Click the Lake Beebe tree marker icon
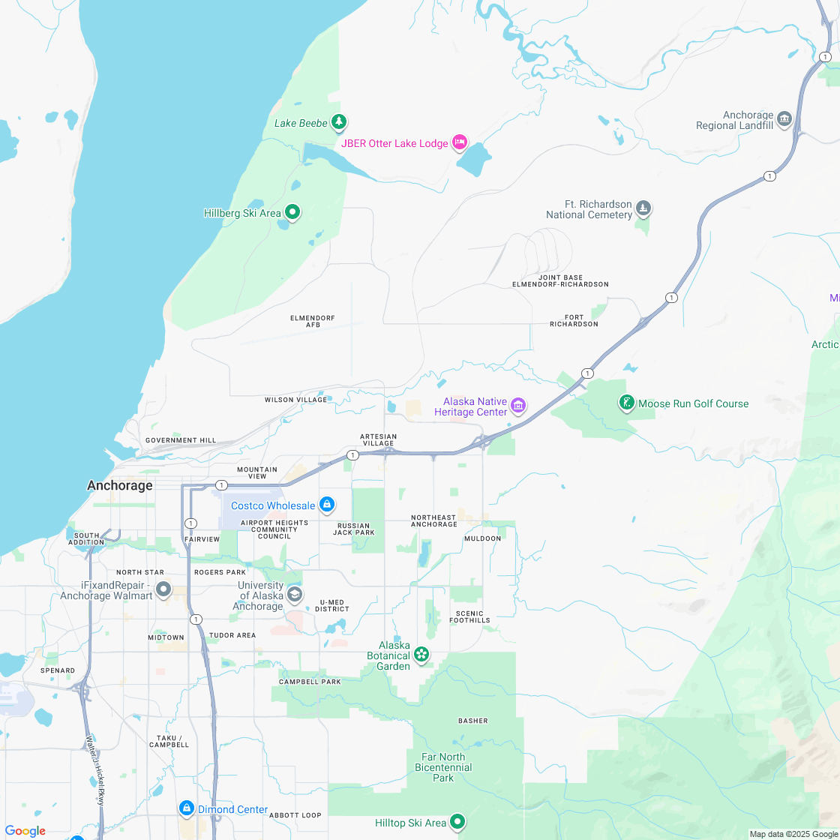click(340, 121)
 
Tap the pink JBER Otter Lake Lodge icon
click(460, 142)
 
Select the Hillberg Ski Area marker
click(293, 213)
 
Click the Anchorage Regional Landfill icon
click(784, 118)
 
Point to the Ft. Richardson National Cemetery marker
click(643, 208)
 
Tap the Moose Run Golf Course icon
click(625, 403)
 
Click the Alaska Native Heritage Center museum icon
click(517, 406)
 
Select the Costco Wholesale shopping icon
click(326, 505)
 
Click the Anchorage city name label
click(120, 485)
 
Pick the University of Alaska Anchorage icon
click(295, 595)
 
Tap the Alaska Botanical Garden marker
click(422, 655)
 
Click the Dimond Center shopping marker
click(186, 808)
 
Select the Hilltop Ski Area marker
click(457, 823)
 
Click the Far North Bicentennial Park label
click(443, 767)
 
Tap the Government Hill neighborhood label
click(181, 440)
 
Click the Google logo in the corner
click(25, 830)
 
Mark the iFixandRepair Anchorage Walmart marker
click(163, 589)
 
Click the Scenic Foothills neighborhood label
click(470, 616)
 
